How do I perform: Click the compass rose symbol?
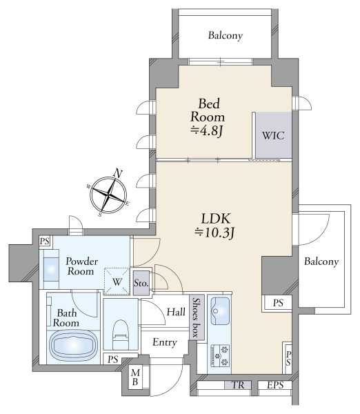[x=108, y=195]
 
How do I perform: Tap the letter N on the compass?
[x=118, y=173]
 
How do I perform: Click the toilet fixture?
[x=121, y=335]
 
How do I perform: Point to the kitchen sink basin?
[x=219, y=311]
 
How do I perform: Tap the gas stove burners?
[x=220, y=356]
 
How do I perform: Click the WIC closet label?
[x=273, y=136]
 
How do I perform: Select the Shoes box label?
[x=197, y=317]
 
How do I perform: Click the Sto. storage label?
[x=141, y=284]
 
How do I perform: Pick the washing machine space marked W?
[x=117, y=282]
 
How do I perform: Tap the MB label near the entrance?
[x=135, y=377]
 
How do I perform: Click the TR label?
[x=238, y=385]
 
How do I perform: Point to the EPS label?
[x=275, y=385]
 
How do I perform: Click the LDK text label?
[x=216, y=219]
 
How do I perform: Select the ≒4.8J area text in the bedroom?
[x=208, y=131]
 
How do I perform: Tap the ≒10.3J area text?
[x=214, y=233]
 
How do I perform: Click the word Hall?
[x=176, y=312]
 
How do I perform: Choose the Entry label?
[x=165, y=342]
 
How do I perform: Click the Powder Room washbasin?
[x=51, y=269]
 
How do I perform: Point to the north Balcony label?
[x=226, y=36]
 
